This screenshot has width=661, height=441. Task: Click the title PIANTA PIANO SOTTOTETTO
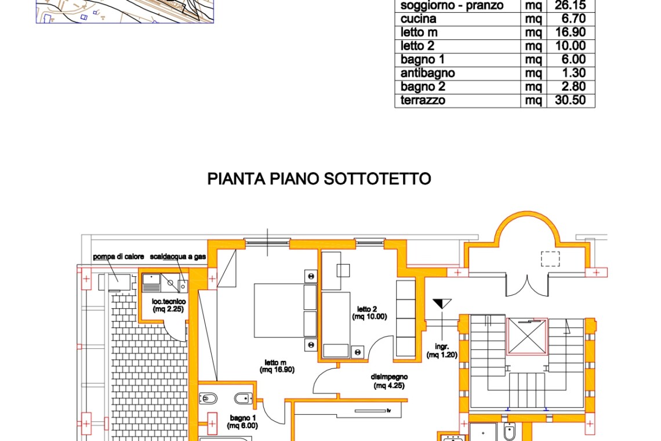319,179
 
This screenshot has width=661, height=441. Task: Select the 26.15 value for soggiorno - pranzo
571,5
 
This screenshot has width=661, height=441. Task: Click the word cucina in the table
418,19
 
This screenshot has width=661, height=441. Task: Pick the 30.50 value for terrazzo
571,100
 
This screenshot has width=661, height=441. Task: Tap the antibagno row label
427,73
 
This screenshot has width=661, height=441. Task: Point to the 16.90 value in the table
571,32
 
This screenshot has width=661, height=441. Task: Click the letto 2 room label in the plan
369,313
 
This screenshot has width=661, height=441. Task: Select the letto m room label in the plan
277,366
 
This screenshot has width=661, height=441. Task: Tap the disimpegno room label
389,381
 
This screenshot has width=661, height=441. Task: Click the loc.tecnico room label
169,305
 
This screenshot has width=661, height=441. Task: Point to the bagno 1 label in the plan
242,422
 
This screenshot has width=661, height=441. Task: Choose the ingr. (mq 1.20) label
442,350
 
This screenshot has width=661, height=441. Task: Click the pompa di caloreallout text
118,256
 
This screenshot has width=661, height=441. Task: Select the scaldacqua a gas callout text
178,256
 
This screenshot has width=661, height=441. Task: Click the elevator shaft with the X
527,337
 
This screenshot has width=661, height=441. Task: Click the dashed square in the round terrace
550,259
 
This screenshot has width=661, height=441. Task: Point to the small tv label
388,410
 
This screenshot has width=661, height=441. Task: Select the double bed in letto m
285,310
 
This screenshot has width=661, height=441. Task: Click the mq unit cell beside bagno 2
533,87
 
